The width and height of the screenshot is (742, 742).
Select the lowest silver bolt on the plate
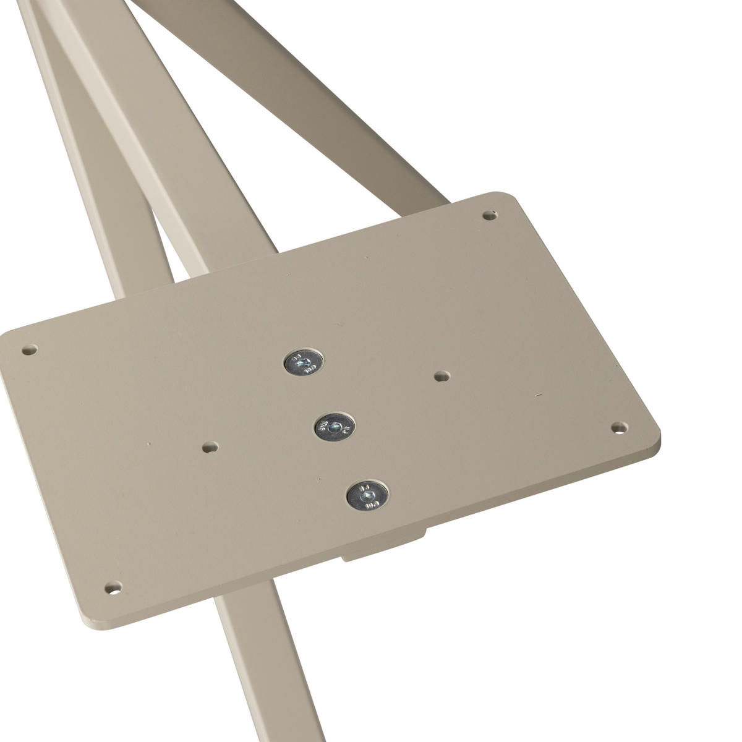point(367,495)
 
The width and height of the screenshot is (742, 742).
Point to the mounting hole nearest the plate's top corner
point(489,216)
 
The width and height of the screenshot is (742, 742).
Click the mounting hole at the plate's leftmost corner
point(27,350)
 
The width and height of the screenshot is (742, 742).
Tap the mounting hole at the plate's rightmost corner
point(618,427)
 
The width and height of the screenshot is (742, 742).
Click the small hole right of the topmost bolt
point(441,375)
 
